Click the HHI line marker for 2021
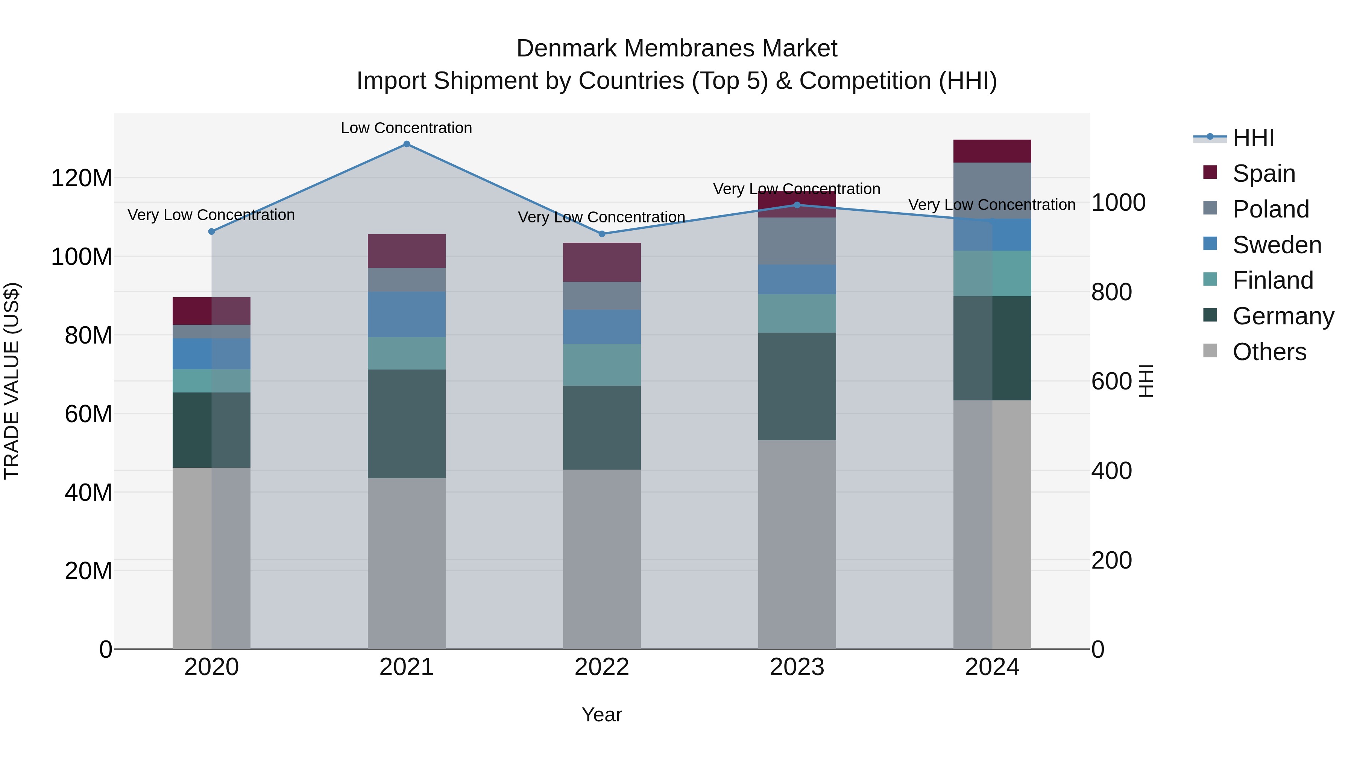tap(406, 144)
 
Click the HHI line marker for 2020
tap(212, 231)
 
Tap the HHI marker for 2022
tap(602, 234)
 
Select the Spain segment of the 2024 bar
tap(992, 151)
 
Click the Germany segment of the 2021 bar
tap(406, 424)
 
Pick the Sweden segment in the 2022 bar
tap(602, 327)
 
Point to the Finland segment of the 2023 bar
tap(797, 313)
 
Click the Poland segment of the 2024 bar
tap(992, 191)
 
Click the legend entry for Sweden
tap(1276, 245)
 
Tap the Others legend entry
tap(1269, 352)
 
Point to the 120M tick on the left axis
tap(82, 178)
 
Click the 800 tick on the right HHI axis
tap(1111, 292)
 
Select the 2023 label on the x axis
tap(797, 667)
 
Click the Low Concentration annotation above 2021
tap(406, 128)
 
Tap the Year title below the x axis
tap(602, 715)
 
